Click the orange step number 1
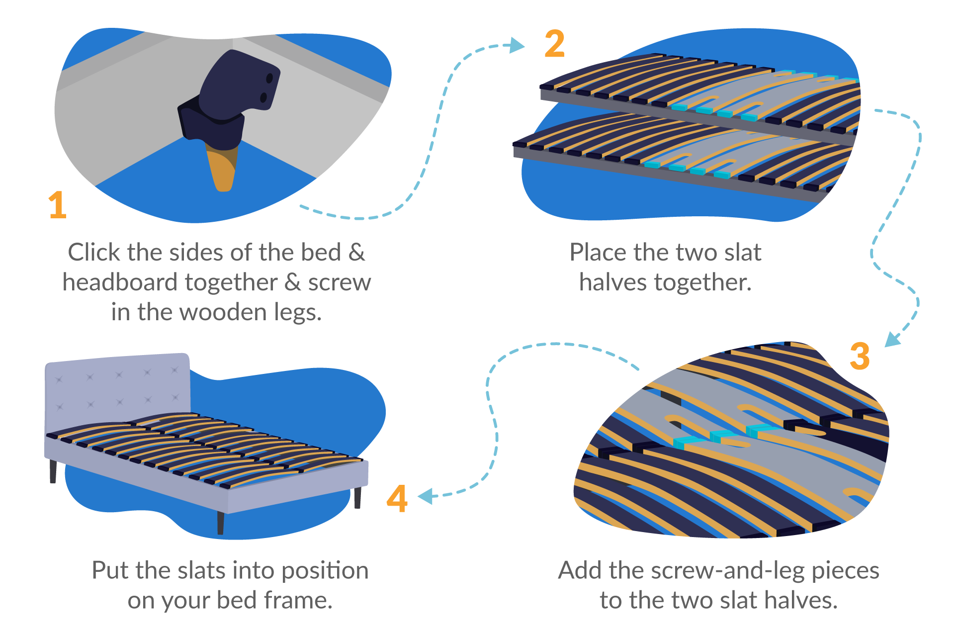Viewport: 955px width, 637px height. click(58, 205)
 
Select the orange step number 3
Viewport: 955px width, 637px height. click(860, 356)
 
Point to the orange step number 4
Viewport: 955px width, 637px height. click(397, 498)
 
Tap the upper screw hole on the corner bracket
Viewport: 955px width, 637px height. click(269, 78)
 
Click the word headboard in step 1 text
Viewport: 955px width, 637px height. click(120, 282)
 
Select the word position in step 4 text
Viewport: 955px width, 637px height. click(325, 570)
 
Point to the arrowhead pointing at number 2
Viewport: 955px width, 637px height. click(518, 45)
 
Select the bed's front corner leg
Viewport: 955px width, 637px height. click(220, 523)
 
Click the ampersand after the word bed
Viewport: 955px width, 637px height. click(356, 253)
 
